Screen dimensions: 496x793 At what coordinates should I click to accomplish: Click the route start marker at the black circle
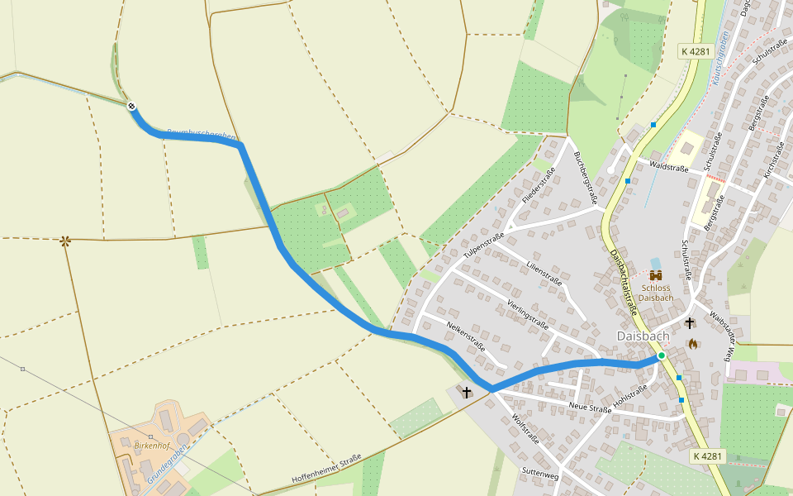tap(131, 105)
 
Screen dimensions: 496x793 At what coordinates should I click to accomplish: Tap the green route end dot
tap(661, 355)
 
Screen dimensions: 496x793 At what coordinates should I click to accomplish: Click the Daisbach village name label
tap(643, 336)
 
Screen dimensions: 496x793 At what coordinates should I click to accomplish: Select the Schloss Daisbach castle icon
tap(657, 275)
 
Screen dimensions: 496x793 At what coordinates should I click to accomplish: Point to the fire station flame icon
tap(692, 343)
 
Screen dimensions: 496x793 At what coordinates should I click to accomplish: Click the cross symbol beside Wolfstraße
tap(467, 392)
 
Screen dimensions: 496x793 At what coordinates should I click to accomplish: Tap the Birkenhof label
tap(152, 444)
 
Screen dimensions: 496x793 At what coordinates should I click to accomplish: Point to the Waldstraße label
tap(669, 166)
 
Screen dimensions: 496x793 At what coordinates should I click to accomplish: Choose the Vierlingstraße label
tap(529, 315)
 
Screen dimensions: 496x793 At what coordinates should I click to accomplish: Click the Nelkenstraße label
tap(465, 336)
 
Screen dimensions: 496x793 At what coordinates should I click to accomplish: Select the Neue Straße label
tap(591, 408)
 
